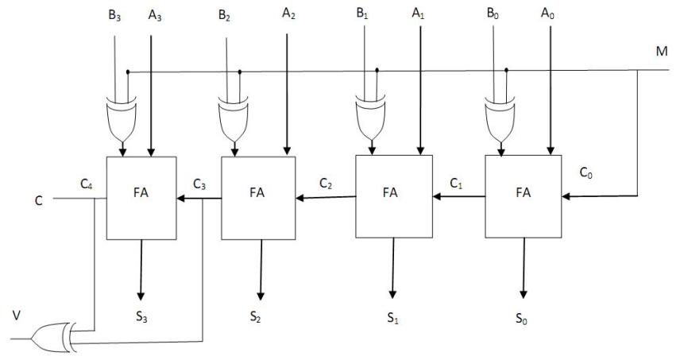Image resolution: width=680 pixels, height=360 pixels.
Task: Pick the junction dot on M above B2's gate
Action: click(x=239, y=72)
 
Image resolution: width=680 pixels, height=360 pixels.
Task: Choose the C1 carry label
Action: click(x=456, y=184)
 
